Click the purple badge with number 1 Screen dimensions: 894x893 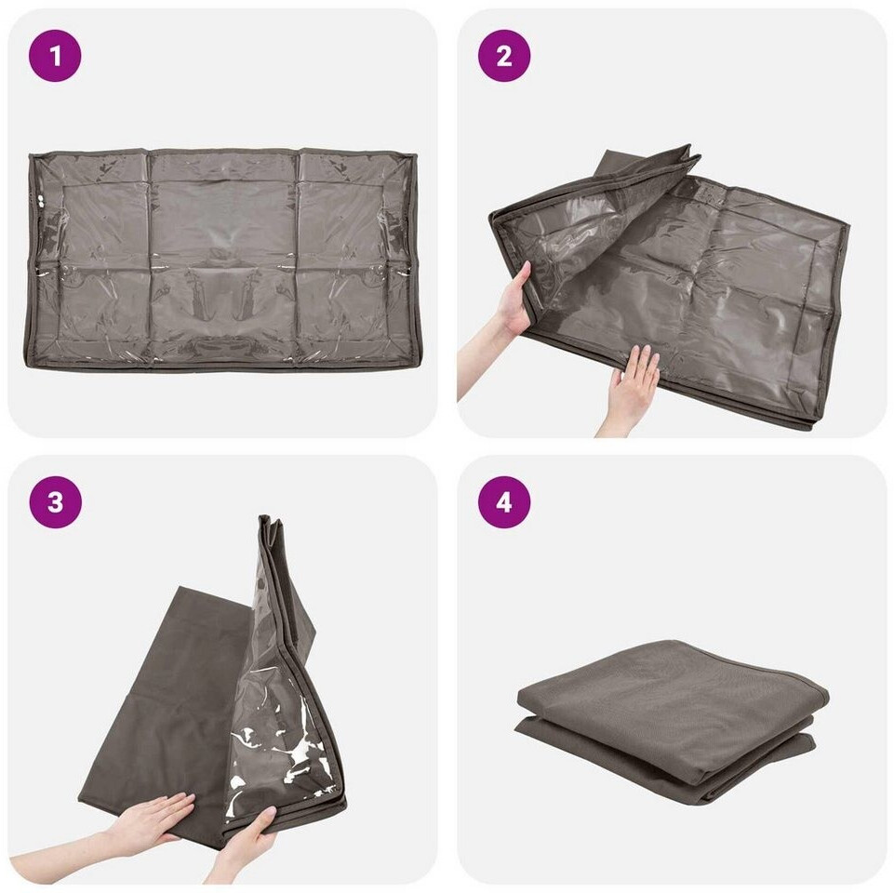[x=55, y=56]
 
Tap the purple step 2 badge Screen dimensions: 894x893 [x=504, y=56]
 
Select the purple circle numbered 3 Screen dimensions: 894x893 [x=55, y=502]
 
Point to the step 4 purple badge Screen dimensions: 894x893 [x=504, y=502]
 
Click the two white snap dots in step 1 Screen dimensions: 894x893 [x=41, y=201]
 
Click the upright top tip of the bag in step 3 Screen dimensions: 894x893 [x=267, y=519]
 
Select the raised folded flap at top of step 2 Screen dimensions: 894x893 [x=645, y=171]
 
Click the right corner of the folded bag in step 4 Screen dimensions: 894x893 [x=827, y=691]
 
